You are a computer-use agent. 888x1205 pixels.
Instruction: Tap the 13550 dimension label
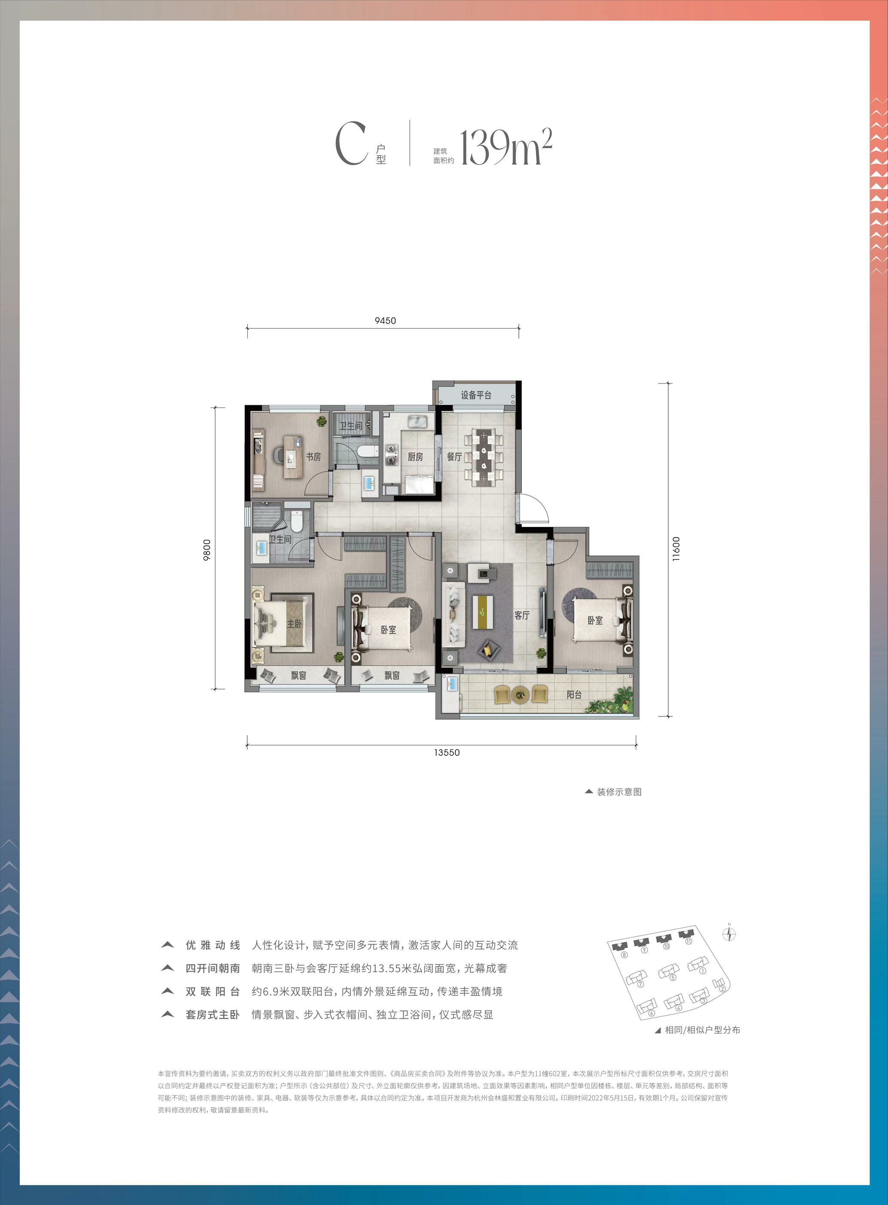point(447,752)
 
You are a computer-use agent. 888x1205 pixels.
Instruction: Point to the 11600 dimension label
point(676,549)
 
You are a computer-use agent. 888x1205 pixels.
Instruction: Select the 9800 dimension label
point(207,550)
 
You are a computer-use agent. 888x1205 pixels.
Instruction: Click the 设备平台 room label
point(476,395)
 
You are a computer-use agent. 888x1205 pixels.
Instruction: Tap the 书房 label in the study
point(313,456)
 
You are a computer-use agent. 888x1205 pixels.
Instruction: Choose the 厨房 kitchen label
point(415,456)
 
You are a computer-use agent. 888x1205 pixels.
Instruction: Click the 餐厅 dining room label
point(455,456)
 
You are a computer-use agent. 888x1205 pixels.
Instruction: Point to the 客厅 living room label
point(522,615)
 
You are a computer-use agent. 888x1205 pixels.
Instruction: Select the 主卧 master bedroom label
point(295,624)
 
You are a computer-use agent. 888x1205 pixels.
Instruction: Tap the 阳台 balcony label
point(574,694)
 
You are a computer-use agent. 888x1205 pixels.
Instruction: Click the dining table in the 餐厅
point(484,457)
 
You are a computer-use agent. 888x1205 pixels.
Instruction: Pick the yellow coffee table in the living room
point(483,611)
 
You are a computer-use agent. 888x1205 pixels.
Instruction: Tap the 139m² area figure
point(506,146)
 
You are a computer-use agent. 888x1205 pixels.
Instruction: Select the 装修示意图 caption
point(619,792)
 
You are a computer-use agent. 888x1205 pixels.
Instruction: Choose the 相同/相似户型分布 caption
point(702,1030)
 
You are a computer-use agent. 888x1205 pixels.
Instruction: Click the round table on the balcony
point(520,694)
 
